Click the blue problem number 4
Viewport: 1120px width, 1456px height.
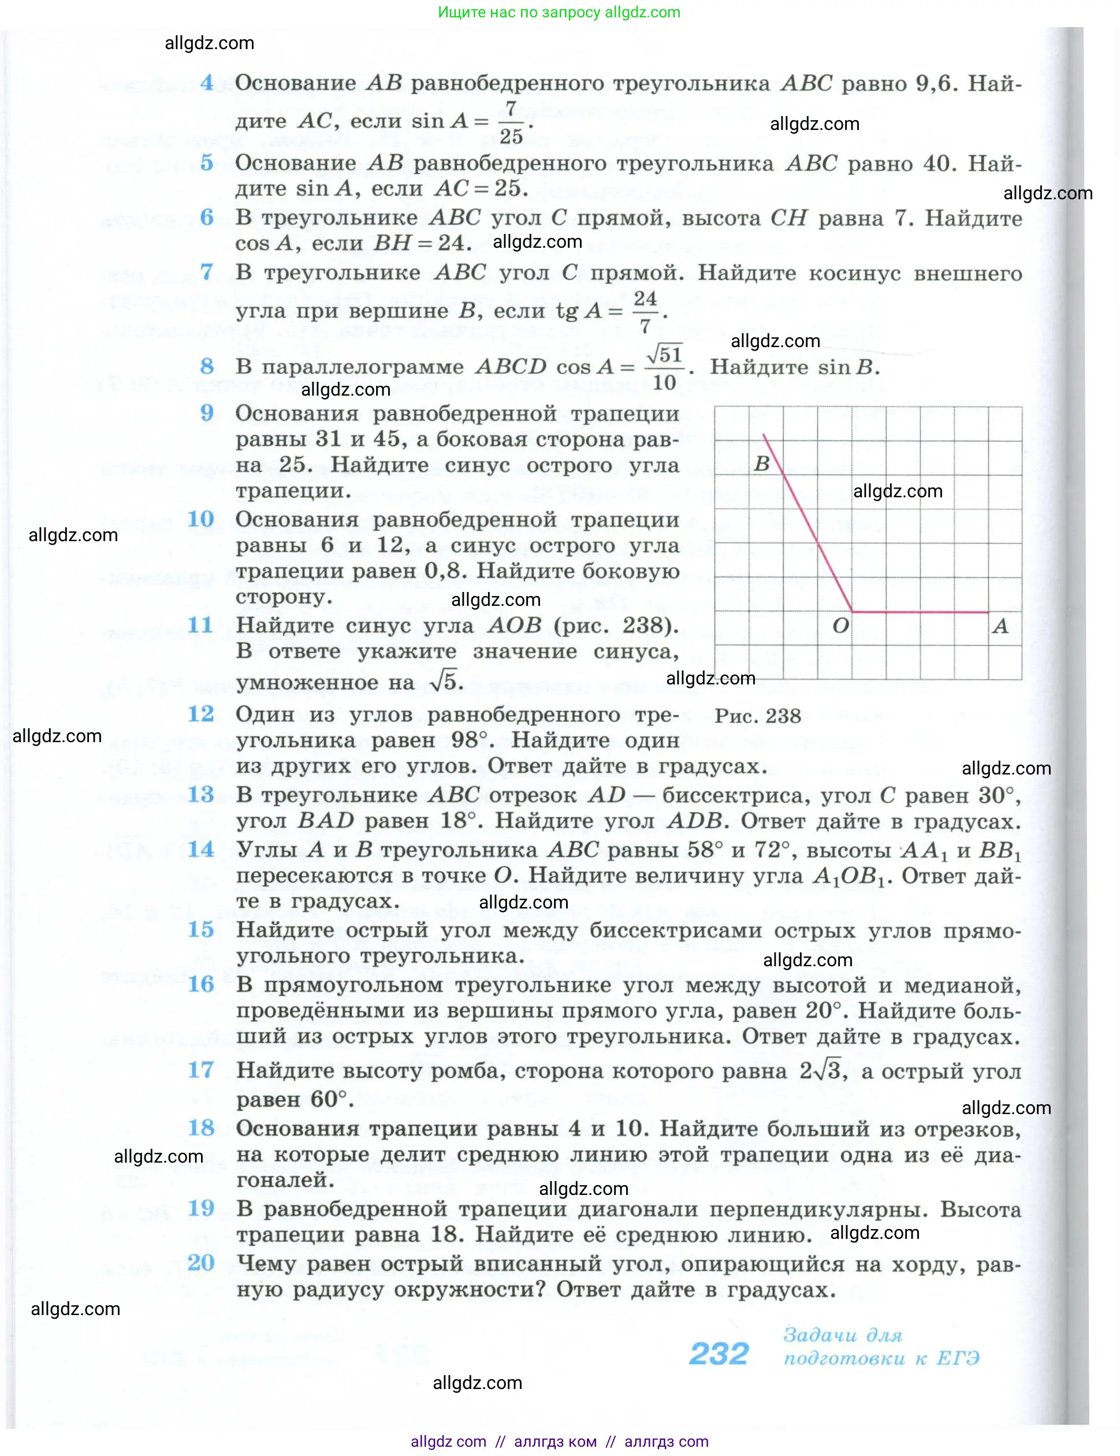click(207, 83)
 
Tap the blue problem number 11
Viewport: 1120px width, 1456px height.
click(200, 625)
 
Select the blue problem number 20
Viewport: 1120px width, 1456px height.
click(200, 1262)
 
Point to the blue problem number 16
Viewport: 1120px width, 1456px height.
click(200, 984)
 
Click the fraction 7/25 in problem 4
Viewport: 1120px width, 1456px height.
click(511, 122)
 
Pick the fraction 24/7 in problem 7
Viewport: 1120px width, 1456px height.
click(645, 311)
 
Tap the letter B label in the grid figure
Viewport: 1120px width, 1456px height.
click(761, 463)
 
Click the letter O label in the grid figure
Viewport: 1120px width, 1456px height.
click(840, 625)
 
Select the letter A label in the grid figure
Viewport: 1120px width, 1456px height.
click(1000, 626)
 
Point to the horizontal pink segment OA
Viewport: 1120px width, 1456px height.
click(920, 611)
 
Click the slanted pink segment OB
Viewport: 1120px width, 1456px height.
click(809, 524)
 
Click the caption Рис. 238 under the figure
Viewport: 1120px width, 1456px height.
click(757, 716)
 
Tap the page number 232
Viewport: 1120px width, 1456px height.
click(719, 1353)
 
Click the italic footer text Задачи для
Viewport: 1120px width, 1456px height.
click(843, 1335)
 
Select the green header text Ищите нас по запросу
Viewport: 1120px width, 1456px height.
click(519, 12)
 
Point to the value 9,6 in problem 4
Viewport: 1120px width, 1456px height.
click(935, 83)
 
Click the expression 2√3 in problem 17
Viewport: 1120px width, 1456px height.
click(823, 1071)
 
